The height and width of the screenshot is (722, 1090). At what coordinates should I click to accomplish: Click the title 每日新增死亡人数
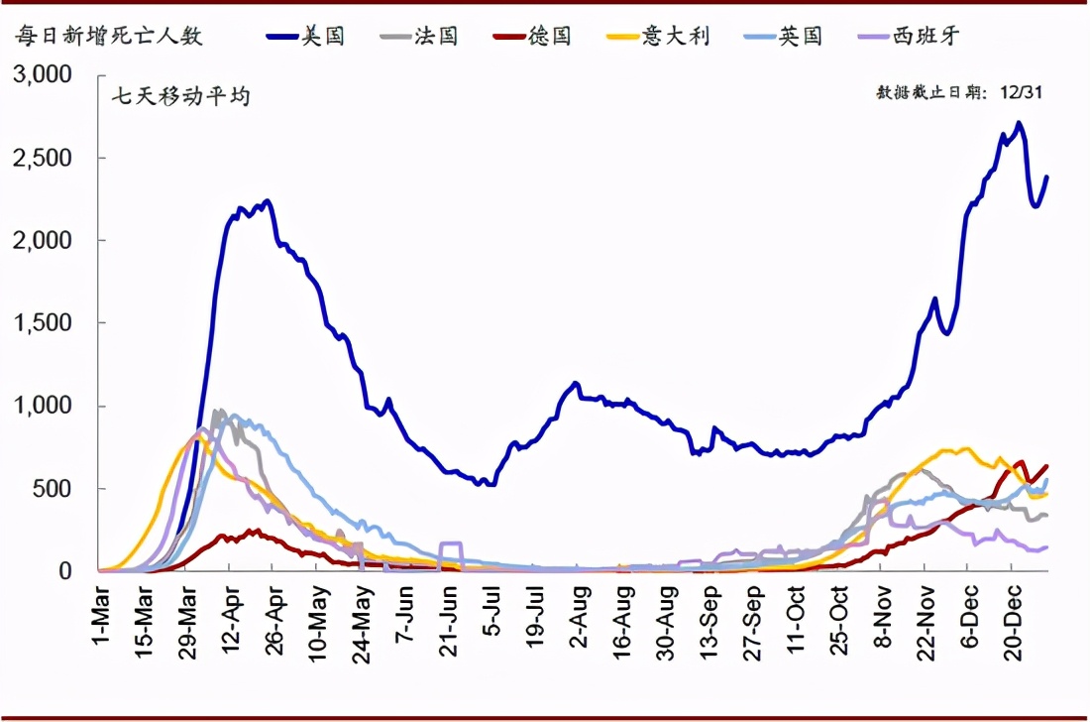[108, 37]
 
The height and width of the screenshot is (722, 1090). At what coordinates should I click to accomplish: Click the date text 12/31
[1023, 92]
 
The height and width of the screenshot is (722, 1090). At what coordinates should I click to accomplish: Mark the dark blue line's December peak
[1019, 124]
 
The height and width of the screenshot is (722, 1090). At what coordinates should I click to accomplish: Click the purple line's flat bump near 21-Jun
[451, 543]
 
